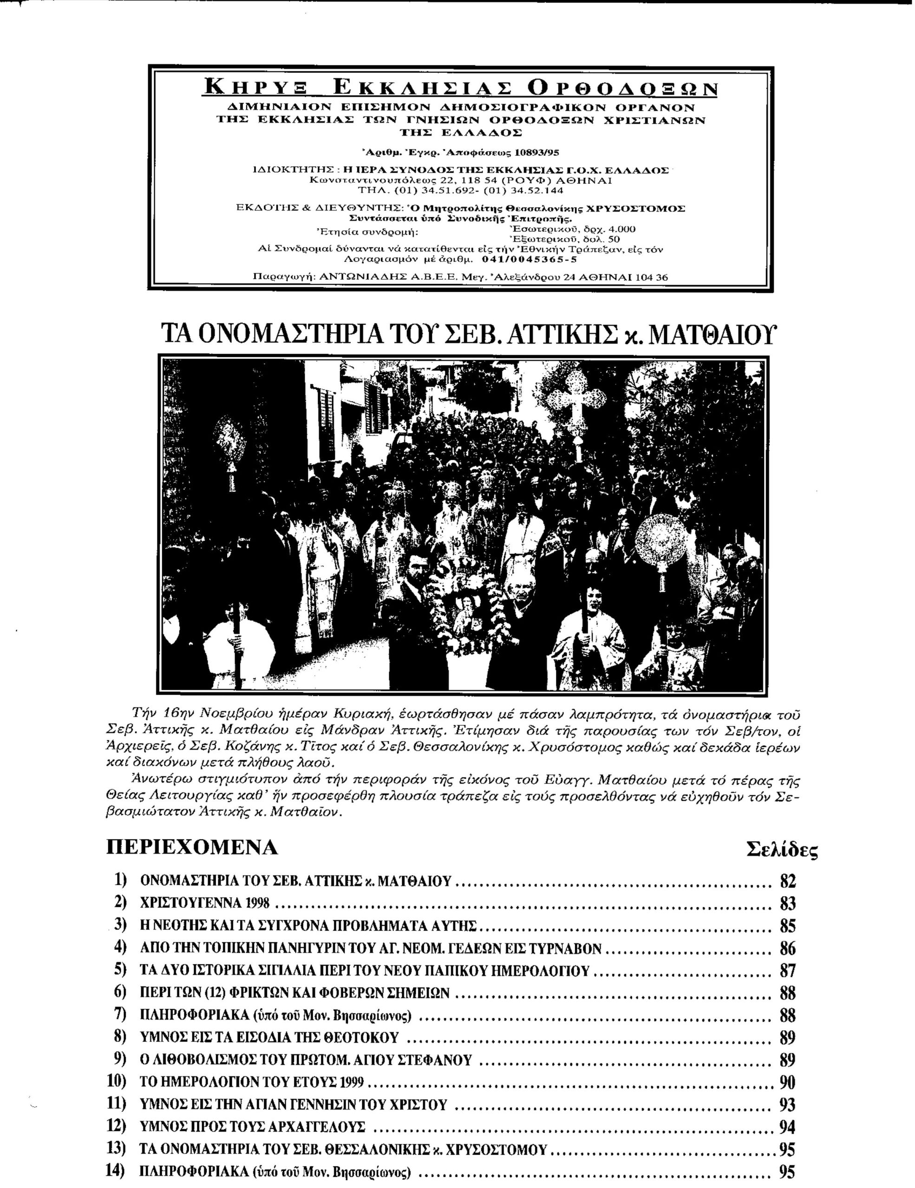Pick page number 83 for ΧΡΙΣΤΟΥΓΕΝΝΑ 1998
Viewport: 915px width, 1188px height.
(x=788, y=904)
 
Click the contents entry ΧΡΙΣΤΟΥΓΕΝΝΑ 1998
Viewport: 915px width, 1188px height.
(x=205, y=904)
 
